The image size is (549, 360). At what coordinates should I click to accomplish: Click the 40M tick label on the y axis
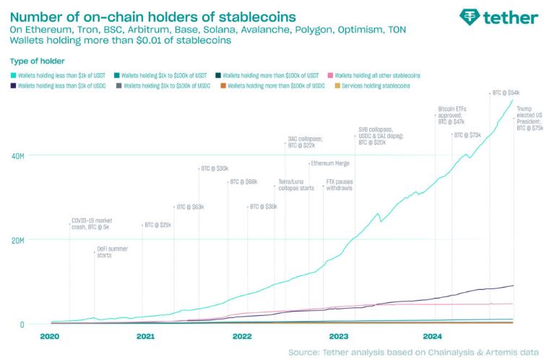[x=17, y=155]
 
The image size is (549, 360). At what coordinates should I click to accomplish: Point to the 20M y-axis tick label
[x=17, y=240]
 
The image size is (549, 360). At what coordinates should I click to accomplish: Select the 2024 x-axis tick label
[x=433, y=336]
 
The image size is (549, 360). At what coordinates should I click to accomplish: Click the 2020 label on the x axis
[x=50, y=336]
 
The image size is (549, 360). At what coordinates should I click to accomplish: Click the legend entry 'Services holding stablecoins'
[x=371, y=85]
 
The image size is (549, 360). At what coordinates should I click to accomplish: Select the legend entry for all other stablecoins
[x=377, y=75]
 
